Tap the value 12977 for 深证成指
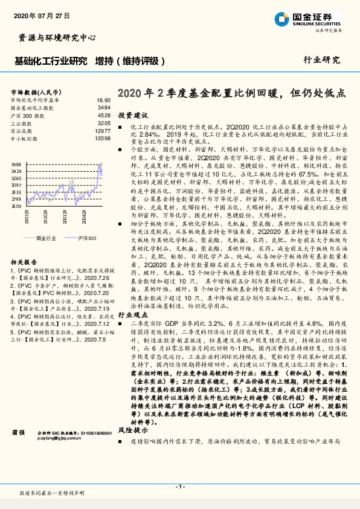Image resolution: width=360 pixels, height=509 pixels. (x=103, y=131)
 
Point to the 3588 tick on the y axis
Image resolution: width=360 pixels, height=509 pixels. (x=16, y=164)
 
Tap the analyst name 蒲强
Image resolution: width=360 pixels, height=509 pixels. (x=19, y=433)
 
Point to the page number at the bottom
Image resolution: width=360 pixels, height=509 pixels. (x=179, y=487)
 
